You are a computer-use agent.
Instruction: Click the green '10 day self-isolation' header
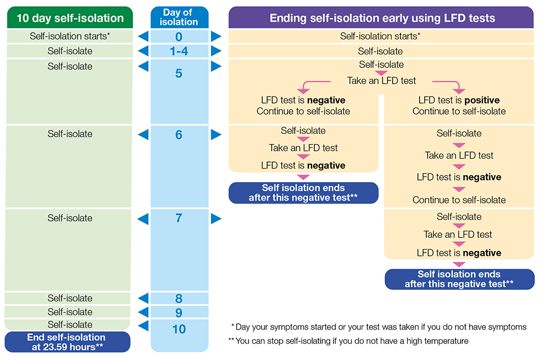(x=70, y=17)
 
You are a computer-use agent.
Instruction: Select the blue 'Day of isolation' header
(x=179, y=17)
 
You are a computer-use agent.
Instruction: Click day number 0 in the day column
(x=179, y=37)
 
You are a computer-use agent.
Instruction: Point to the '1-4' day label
(x=179, y=51)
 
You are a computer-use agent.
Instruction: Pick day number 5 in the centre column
(x=179, y=73)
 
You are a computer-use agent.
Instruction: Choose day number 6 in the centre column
(x=179, y=135)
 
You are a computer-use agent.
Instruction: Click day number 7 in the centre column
(x=179, y=218)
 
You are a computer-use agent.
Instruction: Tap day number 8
(x=179, y=299)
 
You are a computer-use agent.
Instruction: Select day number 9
(x=179, y=312)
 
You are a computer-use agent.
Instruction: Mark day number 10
(x=179, y=329)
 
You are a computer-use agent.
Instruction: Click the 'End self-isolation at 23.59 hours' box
(x=67, y=342)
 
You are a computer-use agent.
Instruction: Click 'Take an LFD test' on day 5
(x=381, y=80)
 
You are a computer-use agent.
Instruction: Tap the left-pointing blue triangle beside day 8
(x=143, y=298)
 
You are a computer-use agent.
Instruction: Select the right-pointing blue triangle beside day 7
(x=216, y=218)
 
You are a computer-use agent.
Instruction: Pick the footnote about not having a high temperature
(x=348, y=341)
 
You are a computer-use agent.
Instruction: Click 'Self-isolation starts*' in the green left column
(x=70, y=36)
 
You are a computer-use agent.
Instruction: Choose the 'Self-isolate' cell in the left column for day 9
(x=70, y=312)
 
